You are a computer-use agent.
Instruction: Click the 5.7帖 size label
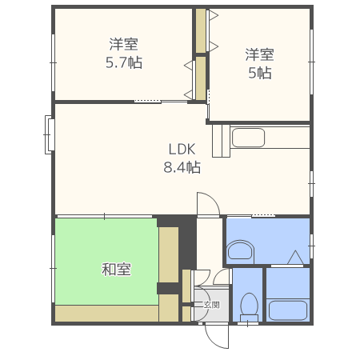124,62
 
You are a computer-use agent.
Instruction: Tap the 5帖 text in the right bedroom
259,73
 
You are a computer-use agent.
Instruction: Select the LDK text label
182,149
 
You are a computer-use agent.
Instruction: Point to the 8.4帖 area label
182,167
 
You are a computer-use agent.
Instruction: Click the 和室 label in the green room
116,269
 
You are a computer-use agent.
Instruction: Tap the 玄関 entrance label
210,304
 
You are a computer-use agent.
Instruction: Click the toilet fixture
248,304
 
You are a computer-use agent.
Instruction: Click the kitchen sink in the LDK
248,137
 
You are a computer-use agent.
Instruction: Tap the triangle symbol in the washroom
295,258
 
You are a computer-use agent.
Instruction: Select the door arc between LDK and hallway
207,203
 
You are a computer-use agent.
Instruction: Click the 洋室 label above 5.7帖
124,44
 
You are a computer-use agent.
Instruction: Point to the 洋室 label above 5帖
259,54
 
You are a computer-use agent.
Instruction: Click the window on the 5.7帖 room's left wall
54,56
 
